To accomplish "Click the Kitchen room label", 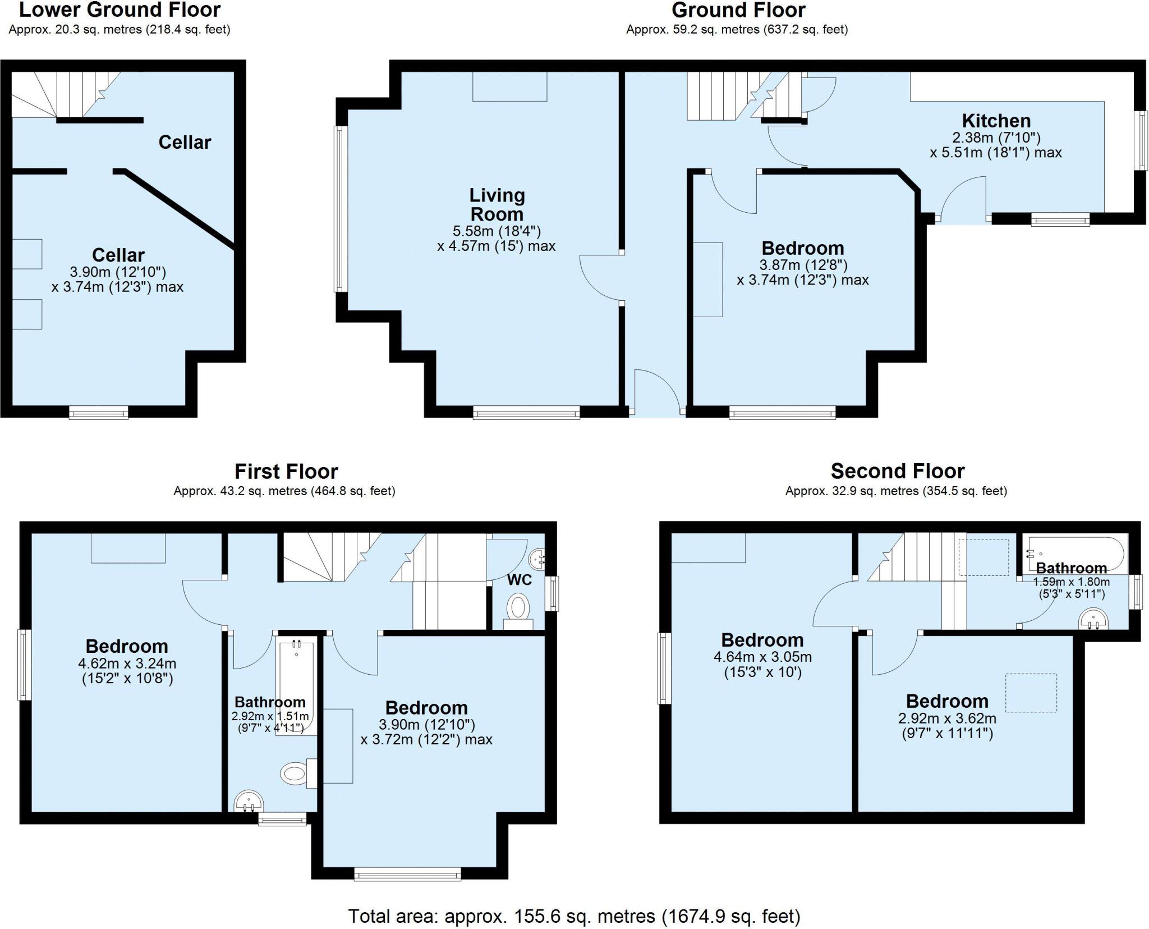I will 996,121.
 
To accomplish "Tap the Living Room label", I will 497,204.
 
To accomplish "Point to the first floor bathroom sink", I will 249,801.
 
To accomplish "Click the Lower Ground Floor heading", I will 120,10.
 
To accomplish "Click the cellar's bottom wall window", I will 99,413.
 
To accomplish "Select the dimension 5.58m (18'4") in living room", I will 497,231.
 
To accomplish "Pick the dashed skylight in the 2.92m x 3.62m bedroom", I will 1031,693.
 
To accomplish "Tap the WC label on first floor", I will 520,579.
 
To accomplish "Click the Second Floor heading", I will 897,470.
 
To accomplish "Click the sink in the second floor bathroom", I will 1093,619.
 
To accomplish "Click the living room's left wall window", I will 339,209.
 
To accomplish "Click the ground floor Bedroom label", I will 802,248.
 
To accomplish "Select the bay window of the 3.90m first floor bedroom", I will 408,874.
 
